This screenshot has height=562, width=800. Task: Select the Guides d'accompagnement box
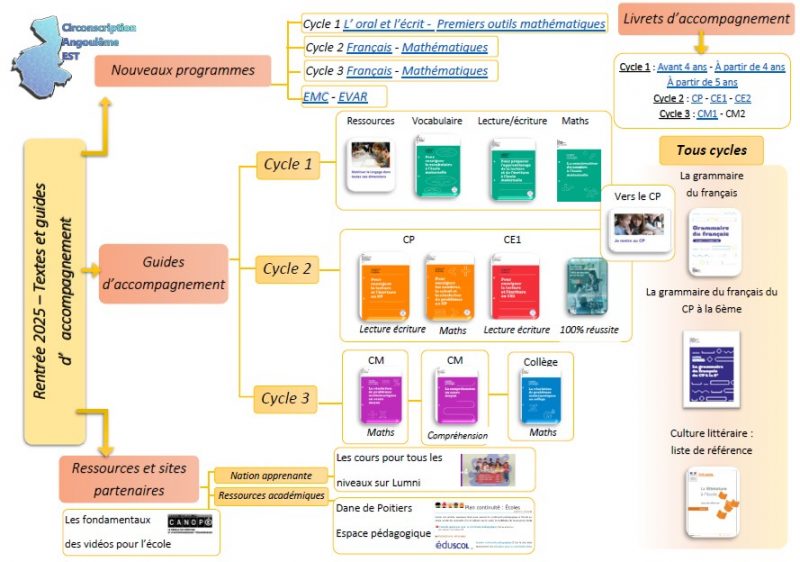tap(163, 273)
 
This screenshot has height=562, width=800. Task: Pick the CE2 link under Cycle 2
tap(743, 98)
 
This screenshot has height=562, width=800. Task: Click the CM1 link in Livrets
tap(706, 114)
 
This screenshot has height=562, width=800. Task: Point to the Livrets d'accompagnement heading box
tap(705, 19)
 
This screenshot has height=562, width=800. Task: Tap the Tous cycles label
tap(711, 151)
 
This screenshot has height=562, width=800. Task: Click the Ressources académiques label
tap(271, 495)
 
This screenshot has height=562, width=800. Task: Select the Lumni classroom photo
tap(487, 469)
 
